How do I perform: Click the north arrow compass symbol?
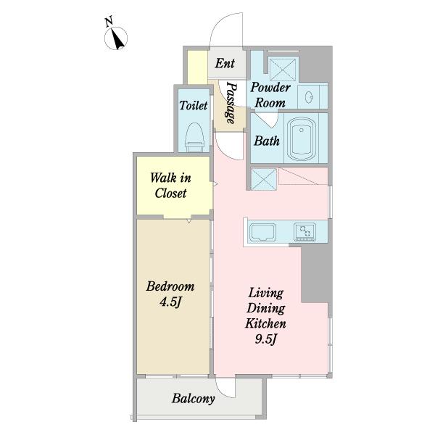click(x=116, y=38)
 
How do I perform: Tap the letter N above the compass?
click(x=109, y=21)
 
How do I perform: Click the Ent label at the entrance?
click(x=225, y=63)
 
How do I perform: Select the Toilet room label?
click(x=194, y=105)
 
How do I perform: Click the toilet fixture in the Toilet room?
click(x=195, y=137)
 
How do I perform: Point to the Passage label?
click(x=231, y=102)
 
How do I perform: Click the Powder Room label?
click(x=270, y=95)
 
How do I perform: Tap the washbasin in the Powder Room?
click(x=309, y=97)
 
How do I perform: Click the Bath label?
click(x=267, y=141)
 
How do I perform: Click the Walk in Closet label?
click(x=170, y=186)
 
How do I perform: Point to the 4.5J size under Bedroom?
click(x=170, y=302)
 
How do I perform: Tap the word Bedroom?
click(x=170, y=286)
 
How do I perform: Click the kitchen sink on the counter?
click(x=262, y=233)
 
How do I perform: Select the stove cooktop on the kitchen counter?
click(x=305, y=231)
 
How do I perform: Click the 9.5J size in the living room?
click(x=266, y=339)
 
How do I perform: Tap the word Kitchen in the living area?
click(x=265, y=323)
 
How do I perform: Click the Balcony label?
click(x=194, y=399)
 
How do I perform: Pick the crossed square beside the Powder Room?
click(x=283, y=70)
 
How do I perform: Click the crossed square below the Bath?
click(x=264, y=179)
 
